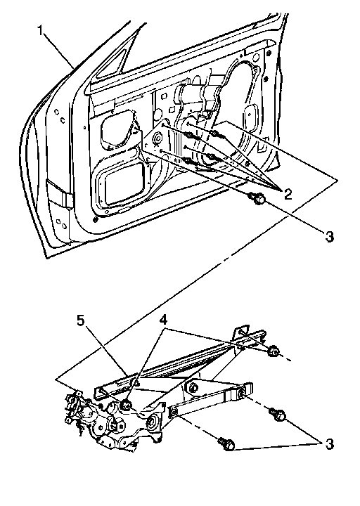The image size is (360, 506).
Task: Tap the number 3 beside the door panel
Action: (329, 237)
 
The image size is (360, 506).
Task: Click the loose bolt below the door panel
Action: (257, 200)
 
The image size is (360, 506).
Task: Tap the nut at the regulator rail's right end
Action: (274, 351)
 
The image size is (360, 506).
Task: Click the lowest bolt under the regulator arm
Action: (227, 444)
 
